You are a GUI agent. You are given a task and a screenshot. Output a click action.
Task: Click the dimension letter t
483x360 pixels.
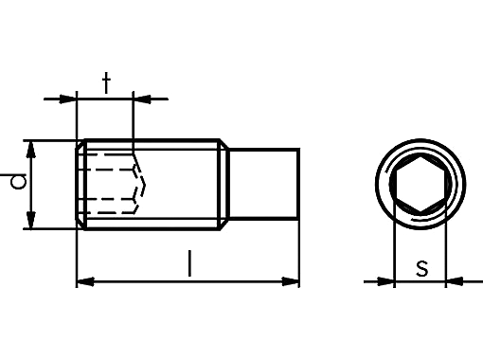pyautogui.click(x=107, y=82)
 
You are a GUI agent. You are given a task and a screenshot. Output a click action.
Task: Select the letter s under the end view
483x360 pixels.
pyautogui.click(x=422, y=268)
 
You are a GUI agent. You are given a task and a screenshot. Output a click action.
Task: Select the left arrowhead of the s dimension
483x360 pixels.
pyautogui.click(x=384, y=280)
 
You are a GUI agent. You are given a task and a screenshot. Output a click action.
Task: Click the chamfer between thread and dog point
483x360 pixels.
pyautogui.click(x=224, y=185)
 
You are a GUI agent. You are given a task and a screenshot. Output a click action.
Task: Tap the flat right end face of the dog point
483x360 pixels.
pyautogui.click(x=299, y=185)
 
